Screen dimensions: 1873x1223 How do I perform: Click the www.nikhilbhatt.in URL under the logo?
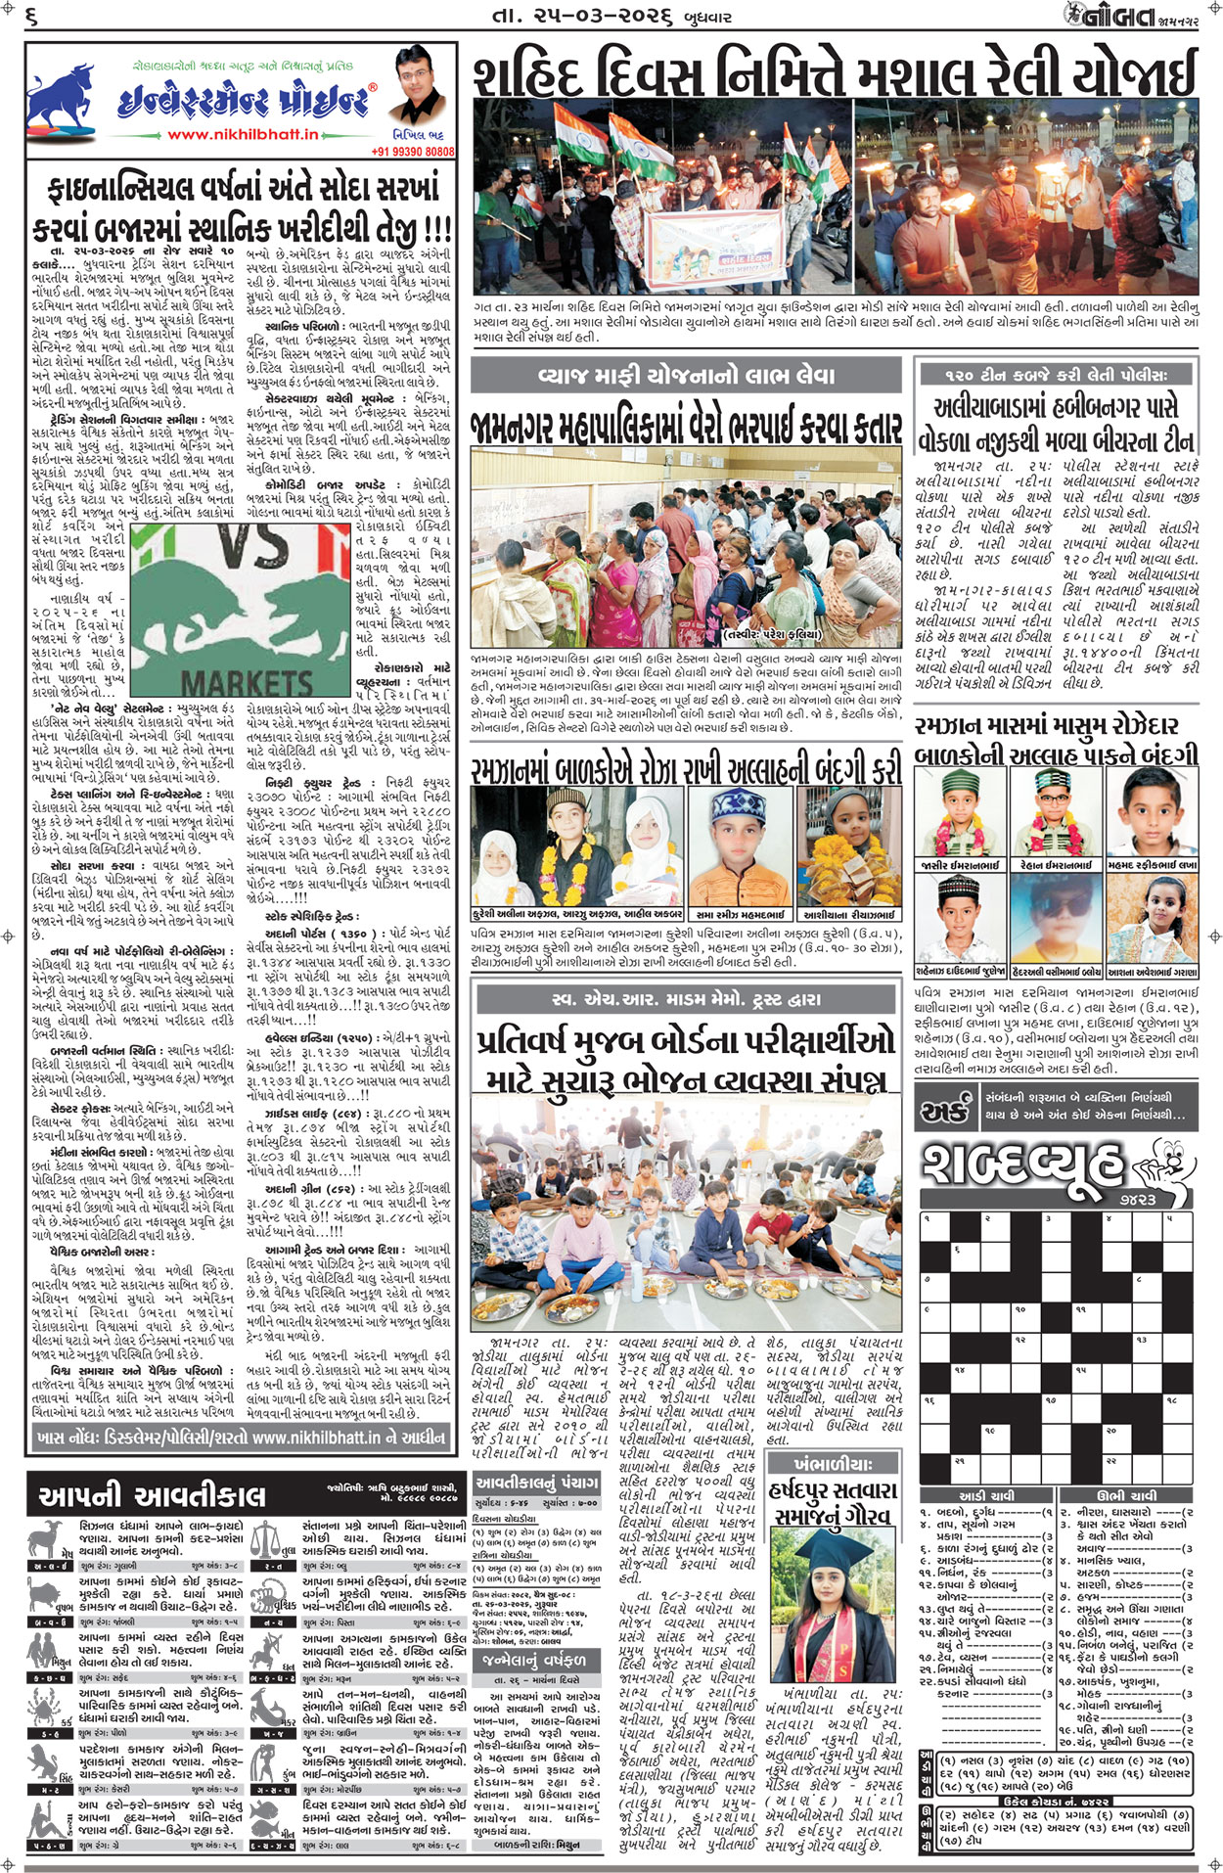tap(243, 135)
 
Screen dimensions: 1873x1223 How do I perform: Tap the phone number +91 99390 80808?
tap(413, 152)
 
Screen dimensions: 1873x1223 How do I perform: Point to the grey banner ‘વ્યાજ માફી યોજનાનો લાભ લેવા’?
tap(686, 376)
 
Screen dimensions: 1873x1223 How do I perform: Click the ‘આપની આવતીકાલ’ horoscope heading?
tap(152, 1495)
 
